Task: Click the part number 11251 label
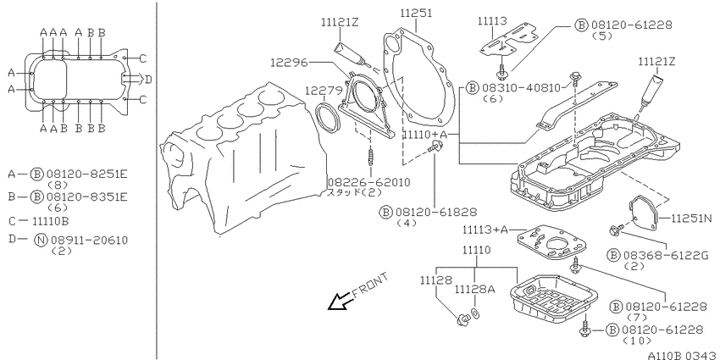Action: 416,14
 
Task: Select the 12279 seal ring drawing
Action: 329,118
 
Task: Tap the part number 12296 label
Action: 288,63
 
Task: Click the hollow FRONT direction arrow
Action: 341,302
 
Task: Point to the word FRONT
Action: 370,285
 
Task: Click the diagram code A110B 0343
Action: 684,355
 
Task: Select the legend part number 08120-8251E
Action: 86,174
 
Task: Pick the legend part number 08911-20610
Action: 89,240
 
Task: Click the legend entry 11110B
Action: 51,221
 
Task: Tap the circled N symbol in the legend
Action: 42,240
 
